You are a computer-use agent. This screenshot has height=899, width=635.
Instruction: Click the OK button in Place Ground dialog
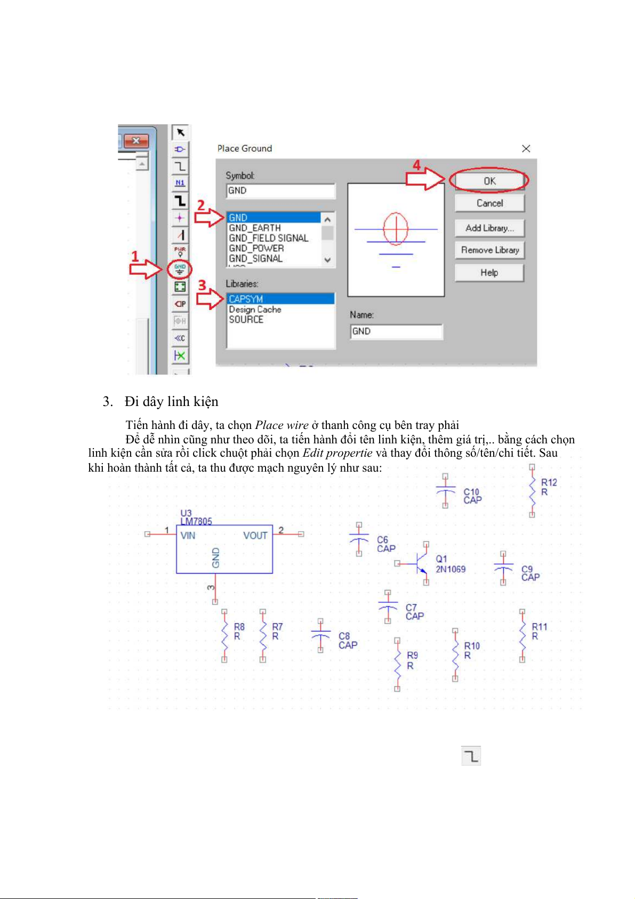point(489,181)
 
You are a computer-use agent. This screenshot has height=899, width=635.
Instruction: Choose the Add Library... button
point(489,228)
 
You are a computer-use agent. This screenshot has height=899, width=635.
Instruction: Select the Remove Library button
point(489,250)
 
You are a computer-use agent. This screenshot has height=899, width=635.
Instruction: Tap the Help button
point(489,273)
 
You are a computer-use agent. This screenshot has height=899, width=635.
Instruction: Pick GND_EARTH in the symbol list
point(255,228)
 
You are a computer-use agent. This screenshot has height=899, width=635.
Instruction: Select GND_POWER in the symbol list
point(256,248)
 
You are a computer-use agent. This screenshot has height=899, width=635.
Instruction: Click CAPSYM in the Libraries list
point(246,299)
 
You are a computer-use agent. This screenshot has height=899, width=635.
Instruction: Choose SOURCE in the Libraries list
point(246,319)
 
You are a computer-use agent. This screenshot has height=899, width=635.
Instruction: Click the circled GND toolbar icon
point(180,269)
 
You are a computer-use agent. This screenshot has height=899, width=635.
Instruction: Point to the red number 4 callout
point(417,165)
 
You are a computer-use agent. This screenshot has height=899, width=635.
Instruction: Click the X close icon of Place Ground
point(526,148)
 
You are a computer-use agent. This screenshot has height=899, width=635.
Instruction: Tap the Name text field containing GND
point(396,331)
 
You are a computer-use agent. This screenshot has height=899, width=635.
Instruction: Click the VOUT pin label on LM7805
point(255,536)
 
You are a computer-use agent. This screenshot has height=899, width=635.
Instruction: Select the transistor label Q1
point(441,559)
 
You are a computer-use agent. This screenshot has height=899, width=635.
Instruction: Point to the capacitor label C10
point(471,492)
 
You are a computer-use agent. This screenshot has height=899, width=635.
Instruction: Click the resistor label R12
point(549,482)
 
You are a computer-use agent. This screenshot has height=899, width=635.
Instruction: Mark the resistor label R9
point(412,655)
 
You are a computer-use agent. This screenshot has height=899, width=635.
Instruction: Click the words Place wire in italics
point(282,425)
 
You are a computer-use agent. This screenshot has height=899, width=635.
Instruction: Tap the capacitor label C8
point(344,636)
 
